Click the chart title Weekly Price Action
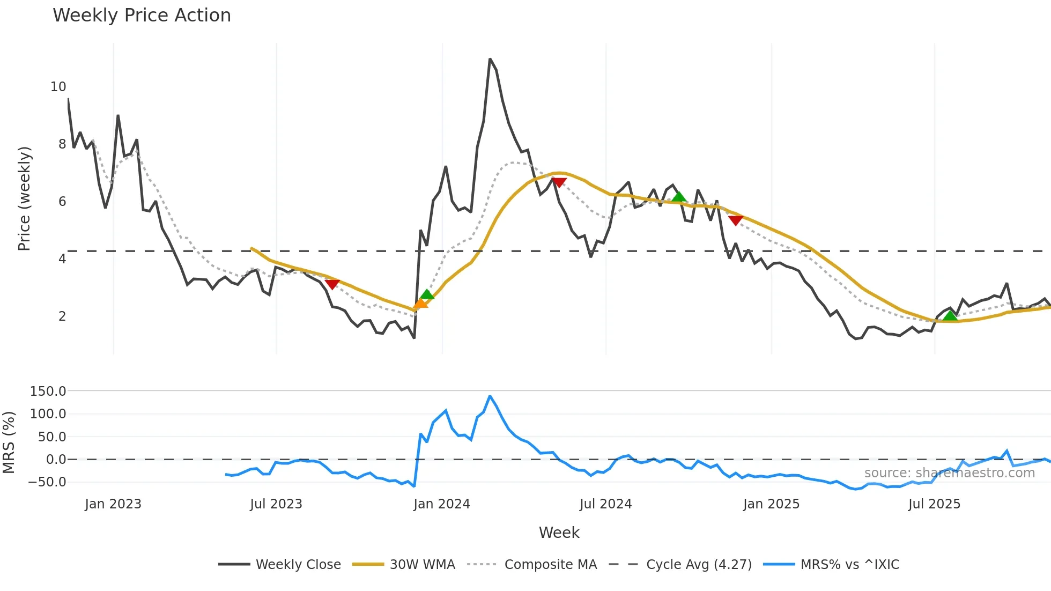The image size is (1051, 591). [142, 16]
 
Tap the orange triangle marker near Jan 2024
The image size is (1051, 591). [420, 304]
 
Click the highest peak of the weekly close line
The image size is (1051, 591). [490, 59]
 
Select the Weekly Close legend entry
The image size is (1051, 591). [279, 565]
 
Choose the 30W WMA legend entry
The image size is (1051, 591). [404, 565]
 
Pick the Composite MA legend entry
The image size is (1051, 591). [532, 565]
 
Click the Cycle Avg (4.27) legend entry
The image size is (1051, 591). [681, 565]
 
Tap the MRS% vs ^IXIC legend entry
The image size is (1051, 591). [831, 565]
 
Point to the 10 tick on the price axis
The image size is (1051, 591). [58, 87]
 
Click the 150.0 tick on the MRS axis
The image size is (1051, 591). [48, 391]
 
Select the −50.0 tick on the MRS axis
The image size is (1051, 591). [47, 482]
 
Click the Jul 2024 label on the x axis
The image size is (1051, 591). [605, 504]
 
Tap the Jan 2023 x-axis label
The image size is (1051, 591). [113, 504]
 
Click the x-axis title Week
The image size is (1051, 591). [559, 533]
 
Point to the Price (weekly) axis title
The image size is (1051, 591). [24, 198]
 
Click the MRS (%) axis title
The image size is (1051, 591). [9, 442]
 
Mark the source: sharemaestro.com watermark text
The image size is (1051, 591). [949, 473]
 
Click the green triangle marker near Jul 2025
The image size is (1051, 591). [950, 315]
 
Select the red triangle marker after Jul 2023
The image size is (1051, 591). [332, 284]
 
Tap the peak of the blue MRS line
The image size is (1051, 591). [490, 396]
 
